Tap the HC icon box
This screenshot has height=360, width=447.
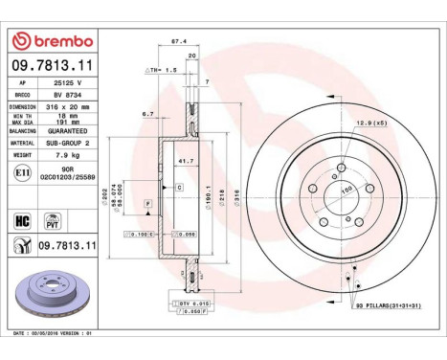(21, 219)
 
